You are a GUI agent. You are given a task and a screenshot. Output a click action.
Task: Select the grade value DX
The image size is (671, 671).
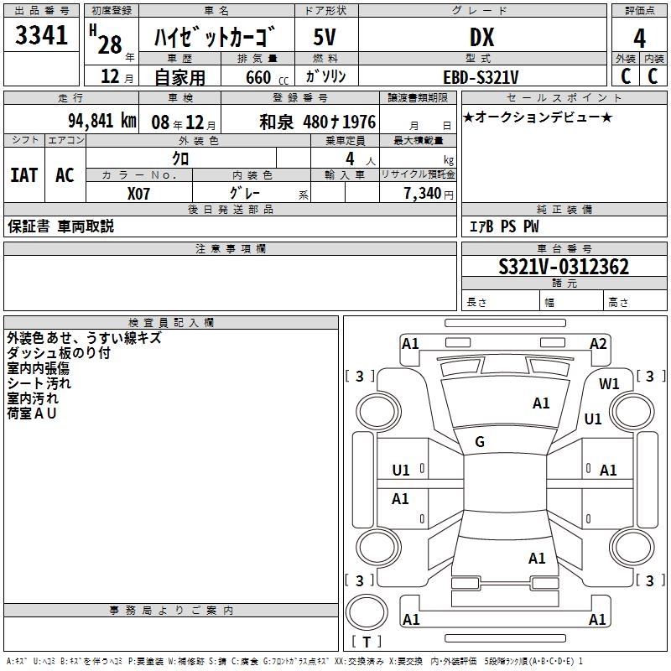pos(481,37)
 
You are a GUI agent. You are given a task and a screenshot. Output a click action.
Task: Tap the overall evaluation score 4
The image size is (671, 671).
pos(639,39)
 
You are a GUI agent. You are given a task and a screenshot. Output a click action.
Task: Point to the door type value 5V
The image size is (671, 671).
pos(325,37)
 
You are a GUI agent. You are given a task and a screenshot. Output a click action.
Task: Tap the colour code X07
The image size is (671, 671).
pos(139,194)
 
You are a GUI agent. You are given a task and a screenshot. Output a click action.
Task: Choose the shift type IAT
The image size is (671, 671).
pos(24,175)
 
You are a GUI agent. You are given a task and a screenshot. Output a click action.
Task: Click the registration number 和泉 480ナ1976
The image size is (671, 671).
pos(317,121)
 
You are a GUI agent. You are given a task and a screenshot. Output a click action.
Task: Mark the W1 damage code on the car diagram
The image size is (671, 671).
pos(609,383)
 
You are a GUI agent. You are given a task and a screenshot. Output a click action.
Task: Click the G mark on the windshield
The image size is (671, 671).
pos(480,442)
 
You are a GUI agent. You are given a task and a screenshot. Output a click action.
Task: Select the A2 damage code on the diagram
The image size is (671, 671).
pos(598,343)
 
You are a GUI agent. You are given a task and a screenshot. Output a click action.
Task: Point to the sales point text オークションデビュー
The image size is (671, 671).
pos(537,117)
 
